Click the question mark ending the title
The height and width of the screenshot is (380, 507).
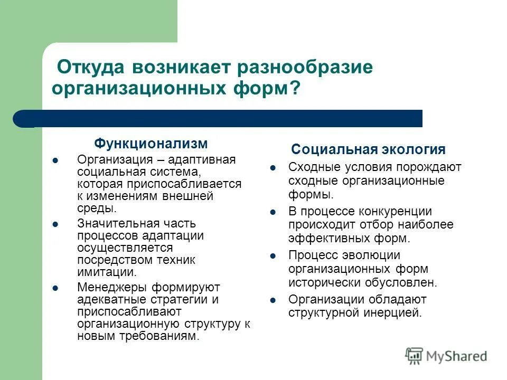(x=293, y=87)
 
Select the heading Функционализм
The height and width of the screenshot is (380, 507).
(x=151, y=144)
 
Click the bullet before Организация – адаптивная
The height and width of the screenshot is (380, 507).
(x=56, y=160)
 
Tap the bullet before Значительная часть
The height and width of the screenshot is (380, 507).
(x=56, y=224)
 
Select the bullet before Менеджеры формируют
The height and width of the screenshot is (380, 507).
(x=56, y=288)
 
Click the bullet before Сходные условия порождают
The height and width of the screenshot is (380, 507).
(x=273, y=168)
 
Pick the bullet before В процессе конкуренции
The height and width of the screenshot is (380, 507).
(x=273, y=212)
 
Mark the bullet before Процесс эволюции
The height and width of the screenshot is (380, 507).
(x=273, y=256)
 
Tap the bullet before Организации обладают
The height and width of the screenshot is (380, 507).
(x=273, y=300)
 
